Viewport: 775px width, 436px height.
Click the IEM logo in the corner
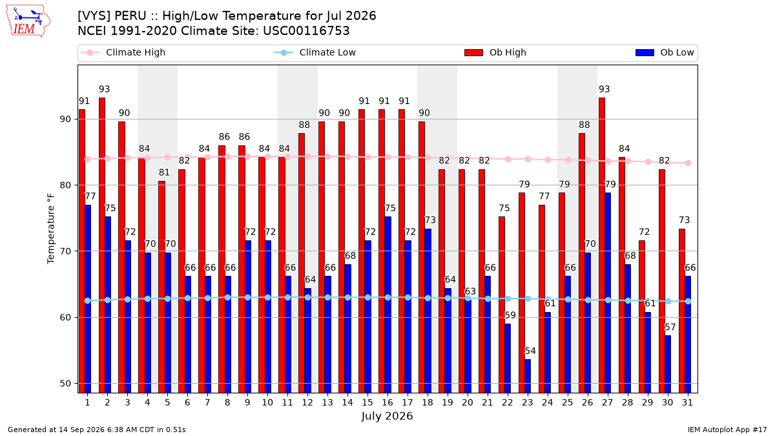tap(28, 21)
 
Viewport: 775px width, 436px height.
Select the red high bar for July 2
tap(102, 245)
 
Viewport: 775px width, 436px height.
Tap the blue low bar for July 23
tap(528, 376)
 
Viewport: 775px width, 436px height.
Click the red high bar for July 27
tap(602, 245)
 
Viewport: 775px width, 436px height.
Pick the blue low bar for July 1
tap(88, 299)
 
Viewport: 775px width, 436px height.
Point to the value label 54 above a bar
tap(530, 351)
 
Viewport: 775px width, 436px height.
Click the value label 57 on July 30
tap(670, 327)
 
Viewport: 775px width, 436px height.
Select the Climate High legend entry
tap(123, 52)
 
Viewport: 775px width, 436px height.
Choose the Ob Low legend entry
tap(665, 52)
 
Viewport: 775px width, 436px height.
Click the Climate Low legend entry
tap(315, 52)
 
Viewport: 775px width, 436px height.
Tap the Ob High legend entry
tap(495, 52)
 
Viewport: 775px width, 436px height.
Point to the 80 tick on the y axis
tap(65, 185)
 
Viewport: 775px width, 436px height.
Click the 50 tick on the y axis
tap(65, 384)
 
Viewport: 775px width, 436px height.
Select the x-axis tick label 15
tap(367, 402)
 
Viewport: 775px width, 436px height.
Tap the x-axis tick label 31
tap(687, 402)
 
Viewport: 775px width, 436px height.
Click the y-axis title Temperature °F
tap(51, 229)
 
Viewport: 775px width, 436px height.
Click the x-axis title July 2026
tap(387, 416)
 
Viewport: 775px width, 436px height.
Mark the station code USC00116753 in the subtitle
tap(306, 31)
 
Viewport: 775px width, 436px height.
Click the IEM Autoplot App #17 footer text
tap(727, 430)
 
